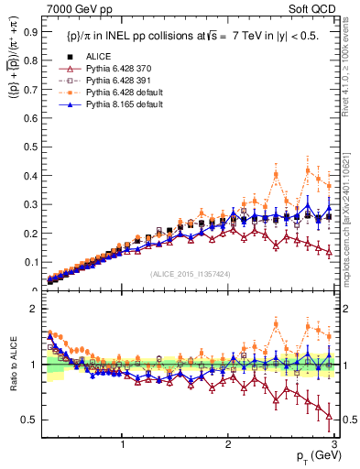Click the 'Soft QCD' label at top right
pos(317,9)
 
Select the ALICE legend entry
pos(100,57)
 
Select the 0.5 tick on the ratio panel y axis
pos(29,420)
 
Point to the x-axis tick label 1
pos(123,443)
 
